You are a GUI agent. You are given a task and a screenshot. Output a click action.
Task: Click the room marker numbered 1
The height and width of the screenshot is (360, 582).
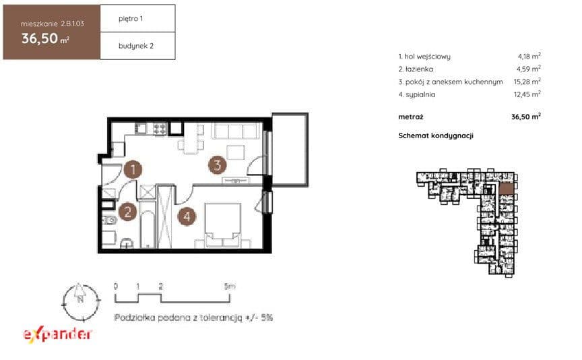pos(133,169)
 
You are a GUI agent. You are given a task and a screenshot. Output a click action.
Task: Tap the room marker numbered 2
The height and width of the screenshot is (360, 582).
pos(128,212)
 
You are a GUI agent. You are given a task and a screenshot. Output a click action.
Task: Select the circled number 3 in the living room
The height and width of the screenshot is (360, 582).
pos(218,165)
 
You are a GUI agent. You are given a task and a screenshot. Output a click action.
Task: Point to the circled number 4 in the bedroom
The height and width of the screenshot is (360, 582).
pos(187,216)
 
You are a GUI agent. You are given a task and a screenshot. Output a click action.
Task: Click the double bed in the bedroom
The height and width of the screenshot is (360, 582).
pos(223,224)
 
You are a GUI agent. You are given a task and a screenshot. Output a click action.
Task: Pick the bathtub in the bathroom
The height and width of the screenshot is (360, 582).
pos(148,229)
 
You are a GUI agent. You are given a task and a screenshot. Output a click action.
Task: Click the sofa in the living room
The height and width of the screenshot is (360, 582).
pos(235,131)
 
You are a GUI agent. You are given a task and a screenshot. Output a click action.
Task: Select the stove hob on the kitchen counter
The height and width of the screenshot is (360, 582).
pos(160,129)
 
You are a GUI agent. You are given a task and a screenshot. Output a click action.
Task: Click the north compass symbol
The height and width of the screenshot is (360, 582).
pos(80,301)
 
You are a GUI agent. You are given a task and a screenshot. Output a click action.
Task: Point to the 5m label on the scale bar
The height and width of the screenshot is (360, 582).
pos(230,287)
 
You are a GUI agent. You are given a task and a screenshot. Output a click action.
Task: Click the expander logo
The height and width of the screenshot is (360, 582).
pos(57,334)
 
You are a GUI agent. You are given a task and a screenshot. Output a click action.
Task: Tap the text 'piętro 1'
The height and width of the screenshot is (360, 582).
pos(131,19)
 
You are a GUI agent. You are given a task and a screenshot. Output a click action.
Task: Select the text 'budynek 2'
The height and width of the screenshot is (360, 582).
pos(136,46)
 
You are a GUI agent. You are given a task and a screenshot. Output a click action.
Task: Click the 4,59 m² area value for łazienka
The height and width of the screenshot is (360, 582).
pos(529,69)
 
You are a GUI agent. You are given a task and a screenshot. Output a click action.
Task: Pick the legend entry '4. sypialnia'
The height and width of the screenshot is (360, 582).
pos(417,94)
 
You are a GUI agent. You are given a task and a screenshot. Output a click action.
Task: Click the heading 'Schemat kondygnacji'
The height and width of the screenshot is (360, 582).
pos(436,136)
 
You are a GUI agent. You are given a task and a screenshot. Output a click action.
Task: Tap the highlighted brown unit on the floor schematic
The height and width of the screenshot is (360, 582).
pos(507,189)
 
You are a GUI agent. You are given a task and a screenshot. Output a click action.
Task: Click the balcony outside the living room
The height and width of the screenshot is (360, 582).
pos(290,150)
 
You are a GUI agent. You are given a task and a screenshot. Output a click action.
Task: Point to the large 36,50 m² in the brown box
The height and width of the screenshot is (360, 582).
pos(45,38)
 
